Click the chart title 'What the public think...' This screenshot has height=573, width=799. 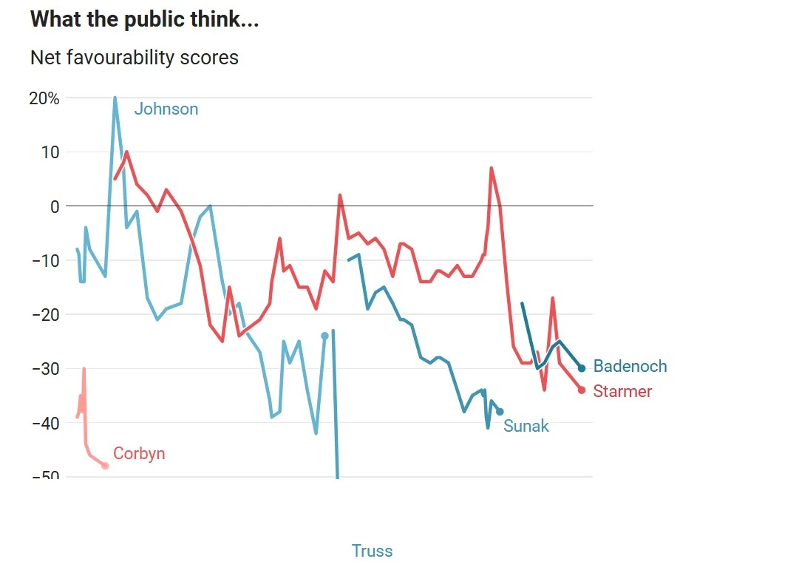[145, 20]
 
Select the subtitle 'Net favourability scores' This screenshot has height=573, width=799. [135, 57]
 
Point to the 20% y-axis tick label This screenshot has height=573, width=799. [44, 98]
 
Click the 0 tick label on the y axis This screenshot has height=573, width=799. [54, 206]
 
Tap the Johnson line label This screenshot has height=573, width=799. [166, 109]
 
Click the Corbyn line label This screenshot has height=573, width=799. [139, 454]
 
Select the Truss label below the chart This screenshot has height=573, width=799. [372, 551]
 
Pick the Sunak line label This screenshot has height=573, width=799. [526, 426]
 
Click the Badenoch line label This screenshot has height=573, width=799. [630, 367]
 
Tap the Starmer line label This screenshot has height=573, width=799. [622, 392]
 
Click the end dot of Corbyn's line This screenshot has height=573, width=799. [105, 466]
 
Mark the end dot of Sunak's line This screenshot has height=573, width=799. [500, 412]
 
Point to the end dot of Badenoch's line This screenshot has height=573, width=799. [582, 368]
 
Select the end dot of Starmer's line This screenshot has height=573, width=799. [582, 390]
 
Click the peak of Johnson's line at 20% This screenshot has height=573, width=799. [115, 98]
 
